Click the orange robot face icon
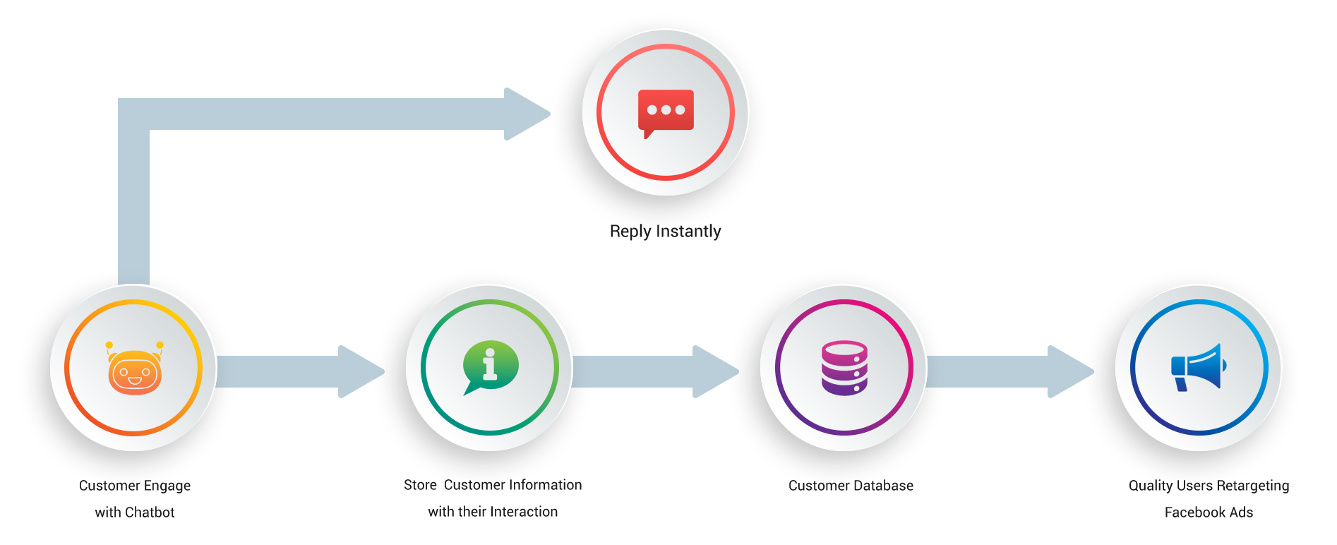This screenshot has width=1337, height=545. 134,370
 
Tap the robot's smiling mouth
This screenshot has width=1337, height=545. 134,381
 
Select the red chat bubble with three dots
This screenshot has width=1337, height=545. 666,112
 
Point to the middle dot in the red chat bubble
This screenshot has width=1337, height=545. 666,110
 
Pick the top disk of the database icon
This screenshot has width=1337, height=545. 844,349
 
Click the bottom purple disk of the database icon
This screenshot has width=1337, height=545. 844,387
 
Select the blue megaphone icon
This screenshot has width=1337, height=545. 1199,367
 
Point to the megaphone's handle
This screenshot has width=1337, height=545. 1181,384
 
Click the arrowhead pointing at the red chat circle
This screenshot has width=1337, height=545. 547,113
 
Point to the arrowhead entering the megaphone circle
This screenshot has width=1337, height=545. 1088,371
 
